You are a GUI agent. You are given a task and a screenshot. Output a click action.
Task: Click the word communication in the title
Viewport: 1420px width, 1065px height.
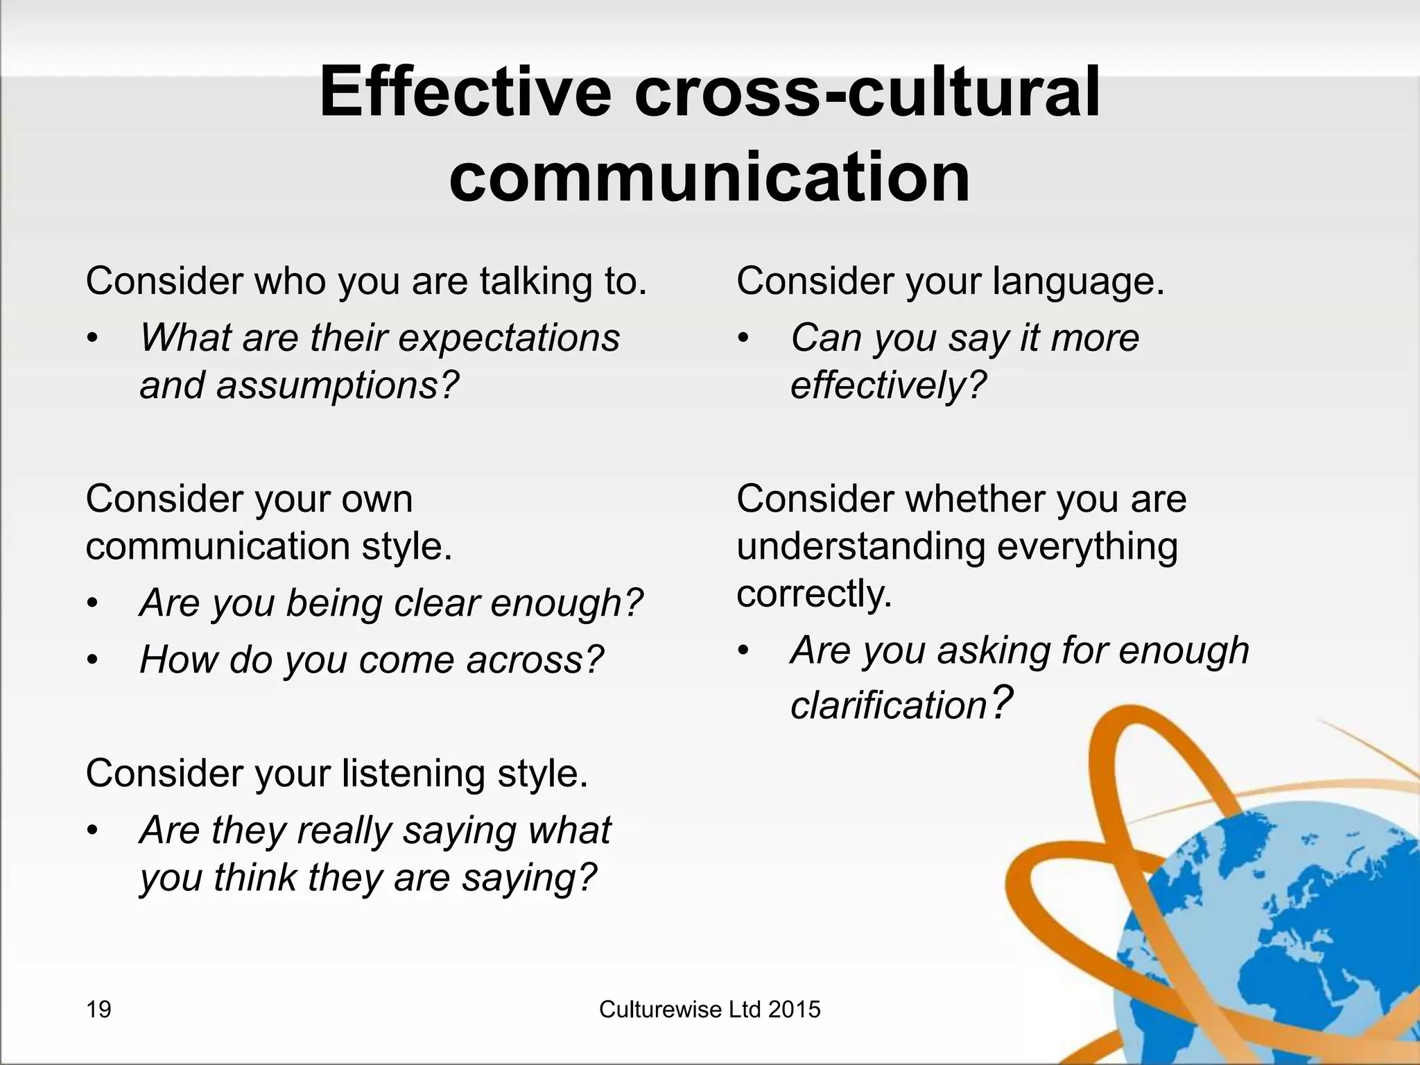coord(709,177)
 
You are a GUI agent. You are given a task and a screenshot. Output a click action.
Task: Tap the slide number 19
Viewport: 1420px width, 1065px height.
coord(98,1010)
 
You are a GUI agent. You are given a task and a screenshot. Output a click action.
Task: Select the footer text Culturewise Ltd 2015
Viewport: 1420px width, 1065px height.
coord(709,1010)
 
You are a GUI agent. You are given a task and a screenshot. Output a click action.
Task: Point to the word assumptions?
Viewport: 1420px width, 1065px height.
coord(338,386)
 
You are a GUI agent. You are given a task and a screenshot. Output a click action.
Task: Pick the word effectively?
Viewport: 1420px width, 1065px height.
coord(888,386)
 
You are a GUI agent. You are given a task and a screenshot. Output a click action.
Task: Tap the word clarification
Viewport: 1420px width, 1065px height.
coord(888,706)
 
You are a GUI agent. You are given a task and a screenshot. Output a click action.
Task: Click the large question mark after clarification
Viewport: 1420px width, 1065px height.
coord(1001,702)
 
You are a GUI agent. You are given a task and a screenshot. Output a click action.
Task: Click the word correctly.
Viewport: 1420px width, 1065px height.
coord(813,594)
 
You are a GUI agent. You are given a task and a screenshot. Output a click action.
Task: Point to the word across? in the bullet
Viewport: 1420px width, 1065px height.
coord(535,659)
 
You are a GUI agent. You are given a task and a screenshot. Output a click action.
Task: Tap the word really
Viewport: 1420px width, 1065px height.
coord(344,831)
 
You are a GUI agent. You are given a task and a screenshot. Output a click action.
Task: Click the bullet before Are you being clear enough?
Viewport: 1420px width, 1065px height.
coord(93,605)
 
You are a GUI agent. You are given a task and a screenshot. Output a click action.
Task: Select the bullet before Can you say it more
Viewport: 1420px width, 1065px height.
coord(743,340)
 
